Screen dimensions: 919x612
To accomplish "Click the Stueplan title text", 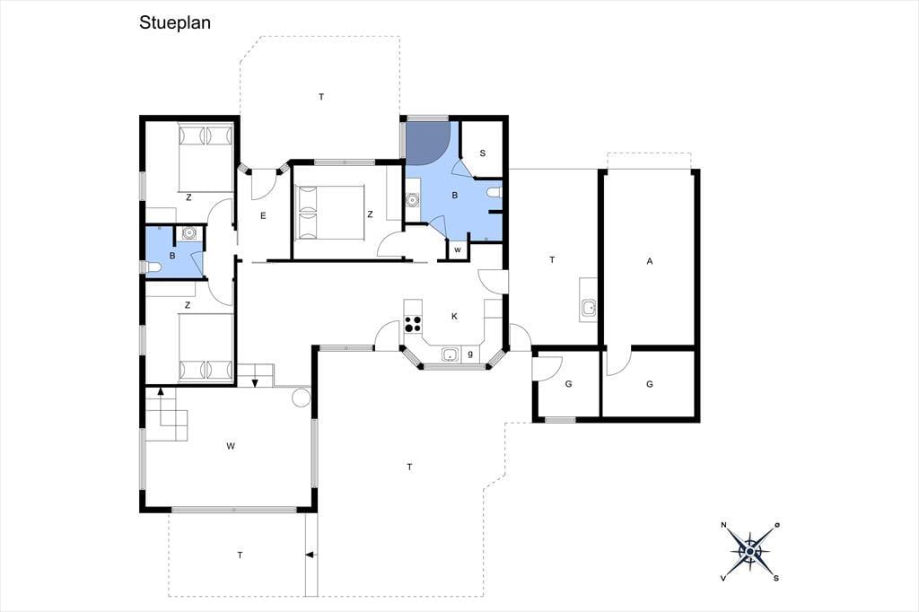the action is (x=175, y=22).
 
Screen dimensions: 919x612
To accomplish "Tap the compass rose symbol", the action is (x=751, y=551).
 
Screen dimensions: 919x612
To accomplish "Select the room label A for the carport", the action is (x=650, y=261).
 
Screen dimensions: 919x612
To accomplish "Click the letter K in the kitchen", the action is (x=454, y=317).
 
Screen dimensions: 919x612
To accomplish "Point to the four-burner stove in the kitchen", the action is (x=413, y=324).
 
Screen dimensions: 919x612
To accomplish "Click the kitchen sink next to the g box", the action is (x=451, y=354).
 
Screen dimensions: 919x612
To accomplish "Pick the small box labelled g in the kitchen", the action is (x=470, y=354).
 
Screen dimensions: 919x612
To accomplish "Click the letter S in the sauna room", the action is (x=482, y=153).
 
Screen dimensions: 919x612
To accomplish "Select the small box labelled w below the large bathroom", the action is (x=458, y=249).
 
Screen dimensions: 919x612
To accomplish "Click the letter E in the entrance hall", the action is (x=263, y=215).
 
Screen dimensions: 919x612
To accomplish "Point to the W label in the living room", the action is (x=231, y=446).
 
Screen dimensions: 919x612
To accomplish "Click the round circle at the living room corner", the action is (x=301, y=397).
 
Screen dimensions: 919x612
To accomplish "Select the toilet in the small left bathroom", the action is (x=153, y=268).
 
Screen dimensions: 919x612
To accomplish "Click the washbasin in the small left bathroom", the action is (x=188, y=233).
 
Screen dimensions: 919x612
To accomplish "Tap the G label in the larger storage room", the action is (x=650, y=385).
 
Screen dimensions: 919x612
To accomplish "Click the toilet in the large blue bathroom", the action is (x=495, y=192).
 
